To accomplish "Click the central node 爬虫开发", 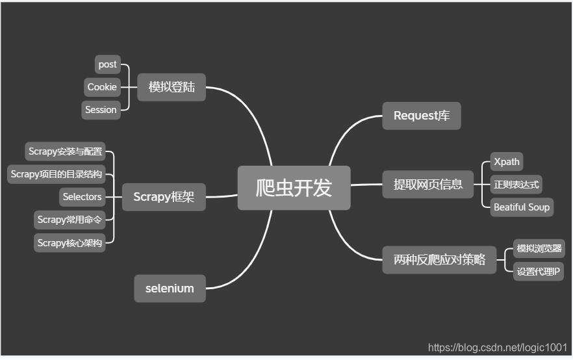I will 294,188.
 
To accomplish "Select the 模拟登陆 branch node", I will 172,87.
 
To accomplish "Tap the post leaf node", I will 107,64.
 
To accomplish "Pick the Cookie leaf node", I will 102,87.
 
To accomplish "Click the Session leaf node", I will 101,110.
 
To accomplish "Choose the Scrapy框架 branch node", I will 164,197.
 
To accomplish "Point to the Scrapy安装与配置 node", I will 65,151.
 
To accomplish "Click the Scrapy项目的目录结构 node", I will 57,174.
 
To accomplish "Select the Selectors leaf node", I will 82,197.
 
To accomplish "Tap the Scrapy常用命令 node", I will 69,220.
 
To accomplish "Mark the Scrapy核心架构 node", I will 69,242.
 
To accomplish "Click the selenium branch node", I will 170,288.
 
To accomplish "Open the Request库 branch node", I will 421,116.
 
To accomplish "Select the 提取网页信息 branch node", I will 428,184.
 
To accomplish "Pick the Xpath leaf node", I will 506,162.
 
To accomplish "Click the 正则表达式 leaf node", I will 516,185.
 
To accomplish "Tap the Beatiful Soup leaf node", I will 522,207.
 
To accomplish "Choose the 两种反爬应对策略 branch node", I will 439,260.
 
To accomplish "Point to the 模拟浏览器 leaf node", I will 539,249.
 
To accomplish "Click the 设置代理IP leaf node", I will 537,272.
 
